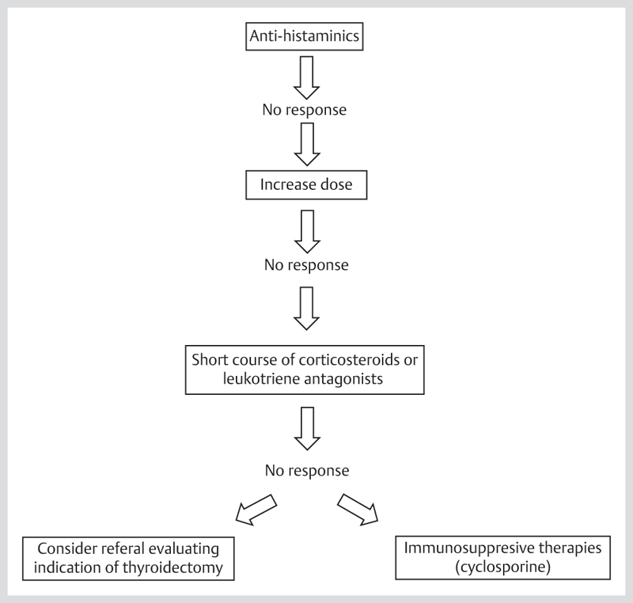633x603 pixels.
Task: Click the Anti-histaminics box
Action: (x=305, y=36)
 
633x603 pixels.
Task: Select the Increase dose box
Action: (x=306, y=185)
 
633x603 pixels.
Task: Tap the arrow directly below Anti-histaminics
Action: (x=306, y=78)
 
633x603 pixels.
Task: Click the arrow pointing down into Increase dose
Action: (x=307, y=145)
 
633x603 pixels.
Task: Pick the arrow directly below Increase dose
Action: (x=307, y=232)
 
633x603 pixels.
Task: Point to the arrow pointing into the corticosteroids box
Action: (x=306, y=309)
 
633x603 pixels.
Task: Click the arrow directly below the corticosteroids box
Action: (x=307, y=429)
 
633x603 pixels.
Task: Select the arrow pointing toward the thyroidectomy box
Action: (x=256, y=510)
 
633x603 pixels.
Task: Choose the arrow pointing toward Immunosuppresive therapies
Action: (x=358, y=510)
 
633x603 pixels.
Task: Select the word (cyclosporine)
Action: (x=503, y=567)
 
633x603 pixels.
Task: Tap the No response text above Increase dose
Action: (x=305, y=110)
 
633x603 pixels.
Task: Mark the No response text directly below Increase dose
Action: (x=306, y=265)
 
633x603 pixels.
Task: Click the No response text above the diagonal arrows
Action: (x=307, y=471)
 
